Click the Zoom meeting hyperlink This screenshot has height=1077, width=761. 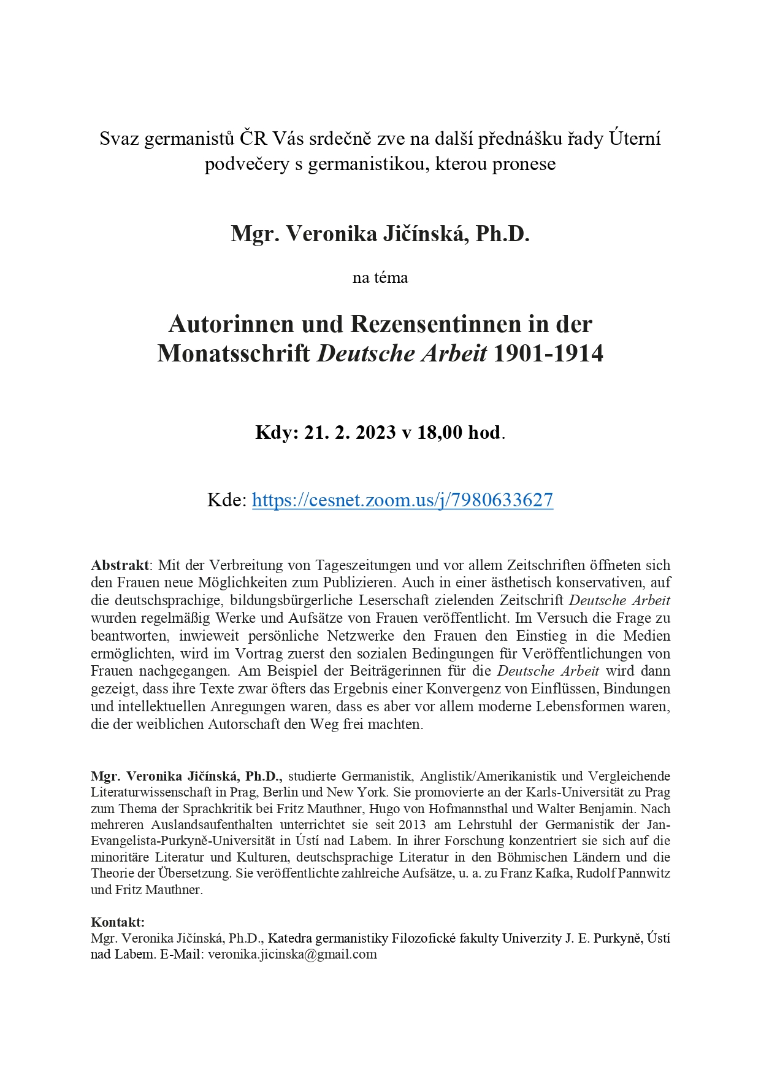pos(402,500)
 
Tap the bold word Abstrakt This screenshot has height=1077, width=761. pos(120,565)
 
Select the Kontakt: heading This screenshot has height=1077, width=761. pos(118,922)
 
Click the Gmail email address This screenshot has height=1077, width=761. pos(293,954)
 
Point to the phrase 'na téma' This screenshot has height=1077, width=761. pos(380,278)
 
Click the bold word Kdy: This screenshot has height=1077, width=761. pos(277,433)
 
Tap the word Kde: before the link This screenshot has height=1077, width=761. pos(227,500)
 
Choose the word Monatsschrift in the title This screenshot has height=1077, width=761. pos(234,353)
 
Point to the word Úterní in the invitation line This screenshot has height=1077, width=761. pos(635,139)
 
